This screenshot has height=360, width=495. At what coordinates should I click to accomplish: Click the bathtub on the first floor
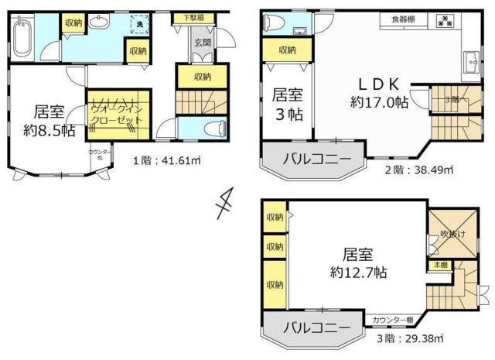point(22,39)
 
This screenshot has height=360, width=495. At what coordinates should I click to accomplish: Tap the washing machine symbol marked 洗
point(139,24)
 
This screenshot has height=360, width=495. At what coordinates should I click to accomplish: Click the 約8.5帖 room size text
point(49,130)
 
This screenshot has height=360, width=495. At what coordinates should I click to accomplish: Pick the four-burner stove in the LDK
point(446,21)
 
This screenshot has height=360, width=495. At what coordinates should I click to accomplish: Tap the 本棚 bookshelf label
point(439,265)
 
